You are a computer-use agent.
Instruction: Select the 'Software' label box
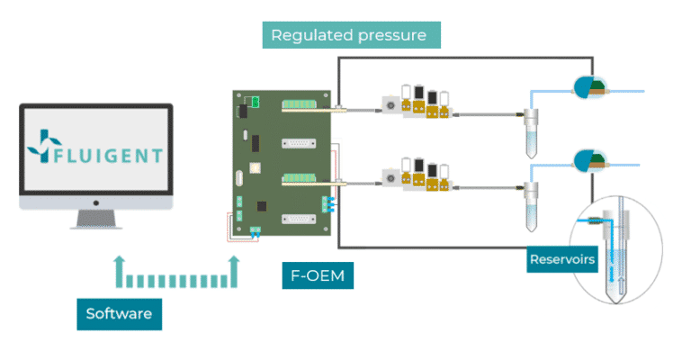119,314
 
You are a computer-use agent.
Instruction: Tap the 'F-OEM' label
318,275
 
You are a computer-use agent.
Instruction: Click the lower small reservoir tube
532,202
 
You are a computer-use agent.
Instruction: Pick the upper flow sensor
590,86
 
